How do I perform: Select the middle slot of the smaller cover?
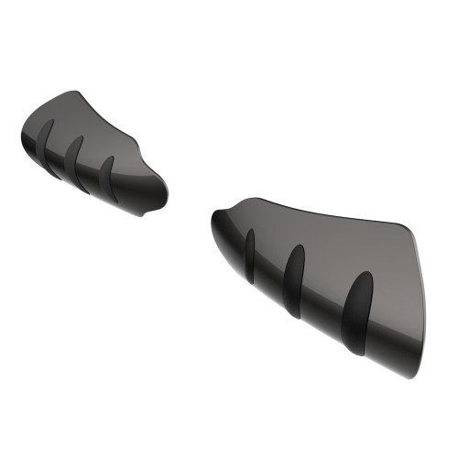coord(78,162)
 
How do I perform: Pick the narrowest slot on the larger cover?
coord(249,254)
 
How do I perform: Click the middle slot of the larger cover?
coord(295,278)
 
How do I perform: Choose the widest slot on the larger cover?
coord(356,311)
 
